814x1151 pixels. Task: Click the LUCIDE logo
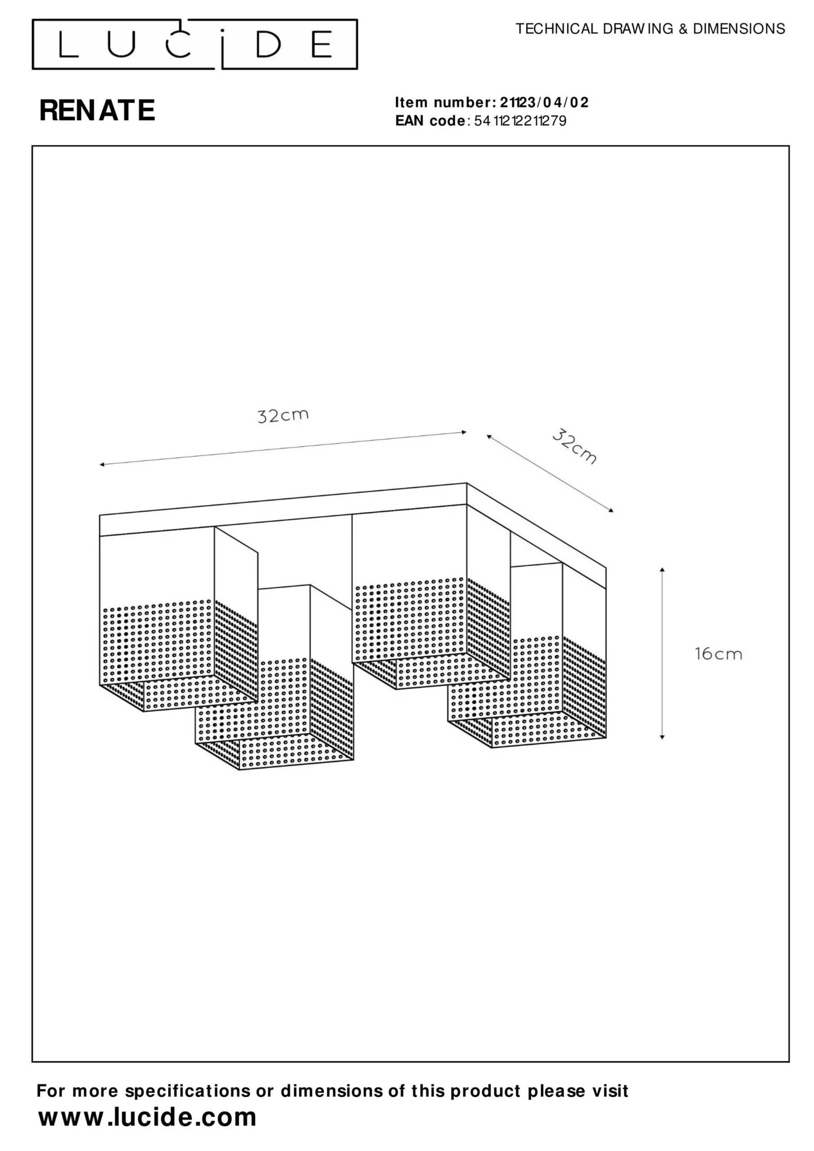(195, 44)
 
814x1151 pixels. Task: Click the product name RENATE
(97, 110)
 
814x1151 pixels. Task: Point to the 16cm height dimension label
(718, 654)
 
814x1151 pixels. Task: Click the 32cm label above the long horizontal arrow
(283, 415)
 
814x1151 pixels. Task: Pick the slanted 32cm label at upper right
(575, 446)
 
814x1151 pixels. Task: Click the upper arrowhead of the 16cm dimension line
(662, 570)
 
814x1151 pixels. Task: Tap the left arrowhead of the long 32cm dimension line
(102, 465)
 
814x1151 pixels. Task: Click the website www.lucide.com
(148, 1117)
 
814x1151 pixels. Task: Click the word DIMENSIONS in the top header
(739, 29)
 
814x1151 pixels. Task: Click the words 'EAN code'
(430, 121)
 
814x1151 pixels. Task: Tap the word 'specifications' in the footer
(188, 1091)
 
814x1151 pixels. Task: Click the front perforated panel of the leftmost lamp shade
(157, 642)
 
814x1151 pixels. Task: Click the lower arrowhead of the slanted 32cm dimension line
(610, 510)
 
